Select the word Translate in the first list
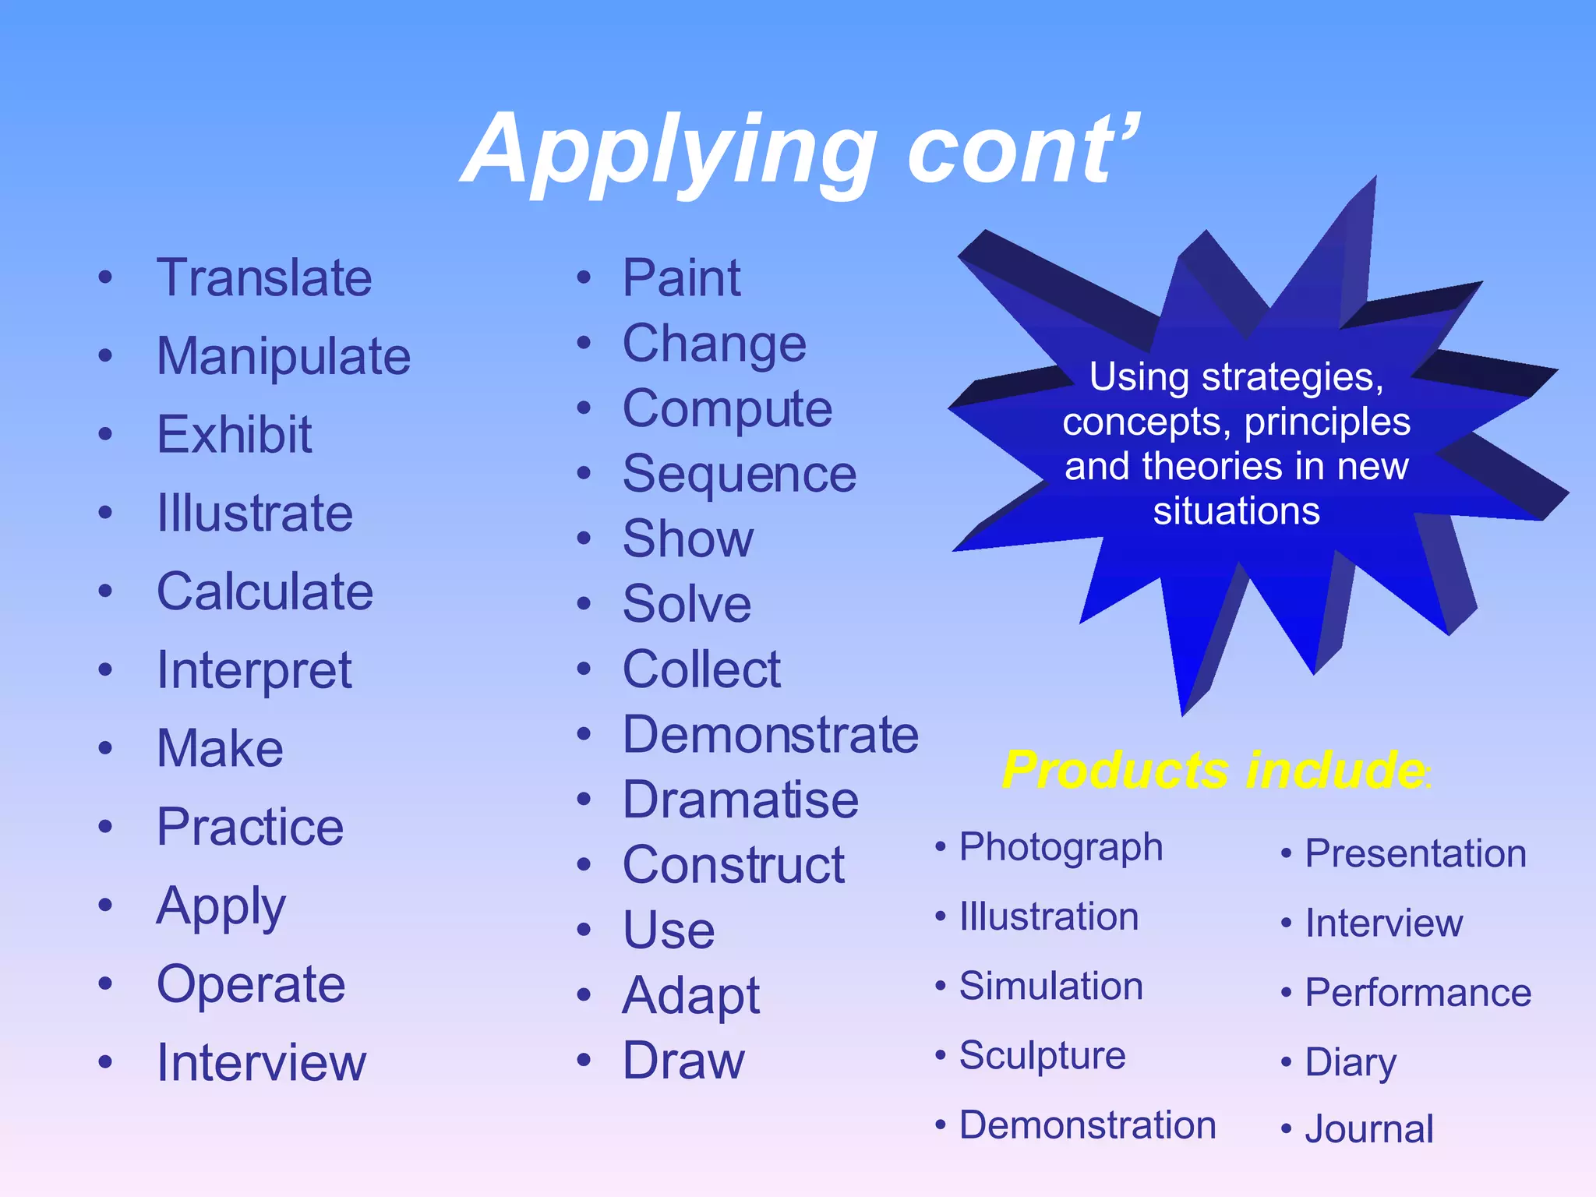tap(264, 278)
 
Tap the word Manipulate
tap(284, 357)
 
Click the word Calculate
tap(265, 591)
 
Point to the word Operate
tap(251, 984)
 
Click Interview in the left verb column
tap(261, 1062)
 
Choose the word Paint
tap(681, 278)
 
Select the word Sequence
tap(740, 474)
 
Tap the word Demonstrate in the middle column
tap(771, 735)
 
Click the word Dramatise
tap(740, 800)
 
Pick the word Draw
tap(683, 1061)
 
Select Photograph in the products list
tap(1061, 848)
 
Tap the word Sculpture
tap(1042, 1056)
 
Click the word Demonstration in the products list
tap(1087, 1125)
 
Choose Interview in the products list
tap(1384, 923)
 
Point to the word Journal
tap(1369, 1129)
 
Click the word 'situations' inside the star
tap(1236, 512)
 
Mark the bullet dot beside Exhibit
tap(106, 434)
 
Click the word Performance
tap(1418, 993)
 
